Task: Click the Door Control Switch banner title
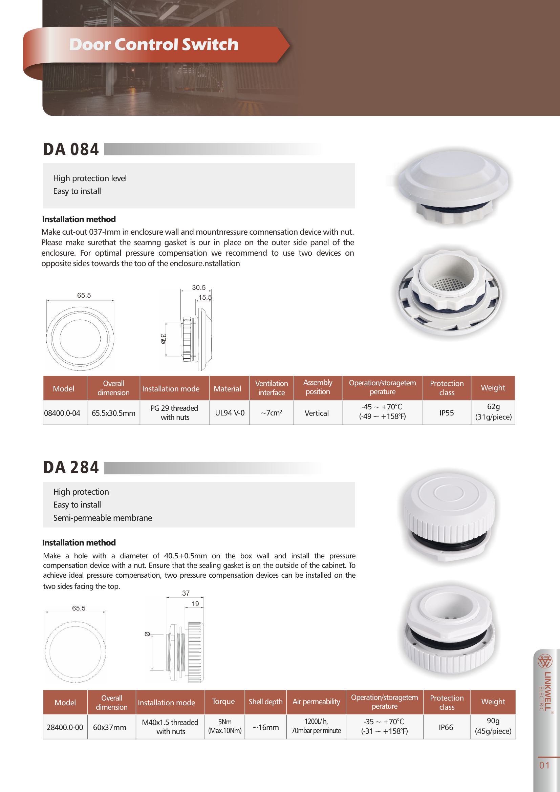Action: tap(154, 44)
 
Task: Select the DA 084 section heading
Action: tap(71, 150)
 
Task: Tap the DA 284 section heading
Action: tap(71, 468)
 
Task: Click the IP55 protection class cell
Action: tap(447, 413)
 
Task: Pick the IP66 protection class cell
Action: tap(446, 727)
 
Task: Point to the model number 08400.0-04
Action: tap(62, 413)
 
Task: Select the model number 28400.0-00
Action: tap(65, 727)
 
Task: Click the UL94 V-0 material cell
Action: tap(230, 413)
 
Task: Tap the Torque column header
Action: tap(223, 702)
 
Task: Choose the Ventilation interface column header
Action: tap(272, 388)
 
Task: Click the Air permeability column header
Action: tap(316, 702)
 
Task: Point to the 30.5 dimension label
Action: tap(199, 288)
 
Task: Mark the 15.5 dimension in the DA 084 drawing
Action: tap(205, 298)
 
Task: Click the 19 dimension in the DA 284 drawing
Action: tap(195, 604)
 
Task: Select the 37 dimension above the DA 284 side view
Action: tap(186, 593)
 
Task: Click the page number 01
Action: tap(544, 766)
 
